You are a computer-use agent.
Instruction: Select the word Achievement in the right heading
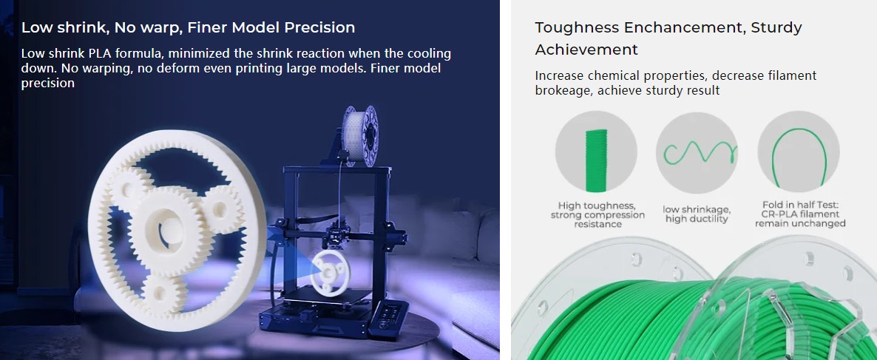(x=586, y=50)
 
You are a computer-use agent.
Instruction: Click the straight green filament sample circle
(x=596, y=152)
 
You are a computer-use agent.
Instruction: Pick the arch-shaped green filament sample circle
(x=799, y=152)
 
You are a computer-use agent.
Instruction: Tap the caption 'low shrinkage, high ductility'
(x=697, y=214)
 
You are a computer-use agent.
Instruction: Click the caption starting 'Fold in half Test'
(x=800, y=214)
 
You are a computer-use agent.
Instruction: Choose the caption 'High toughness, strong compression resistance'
(x=597, y=214)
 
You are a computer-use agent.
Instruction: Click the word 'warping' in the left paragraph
(x=84, y=68)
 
